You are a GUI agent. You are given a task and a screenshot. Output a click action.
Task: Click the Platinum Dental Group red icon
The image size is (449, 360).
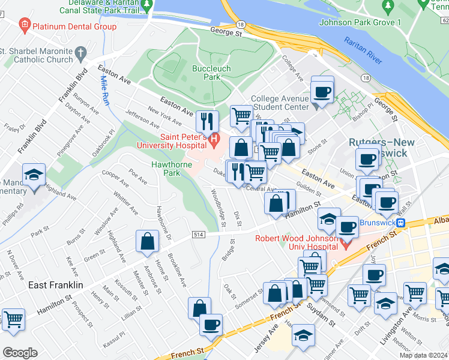tap(25, 26)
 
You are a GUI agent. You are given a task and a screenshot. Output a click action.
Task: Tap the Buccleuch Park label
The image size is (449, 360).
tap(206, 73)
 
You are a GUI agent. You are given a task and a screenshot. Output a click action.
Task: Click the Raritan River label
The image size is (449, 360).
tap(363, 50)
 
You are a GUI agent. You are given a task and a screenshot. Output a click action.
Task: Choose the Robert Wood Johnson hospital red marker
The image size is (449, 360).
tap(345, 244)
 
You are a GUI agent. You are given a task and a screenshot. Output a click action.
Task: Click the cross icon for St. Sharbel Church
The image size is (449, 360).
tap(79, 55)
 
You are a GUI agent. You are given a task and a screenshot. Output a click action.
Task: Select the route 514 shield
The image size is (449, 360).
tap(196, 233)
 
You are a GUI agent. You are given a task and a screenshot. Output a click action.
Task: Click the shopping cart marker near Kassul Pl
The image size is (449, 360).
tap(13, 319)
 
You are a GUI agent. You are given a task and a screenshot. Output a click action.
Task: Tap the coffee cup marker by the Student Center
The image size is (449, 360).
tap(322, 92)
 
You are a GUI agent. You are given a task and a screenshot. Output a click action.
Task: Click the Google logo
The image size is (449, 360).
tap(20, 352)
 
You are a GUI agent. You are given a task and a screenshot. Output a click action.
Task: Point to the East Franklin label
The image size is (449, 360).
tap(56, 285)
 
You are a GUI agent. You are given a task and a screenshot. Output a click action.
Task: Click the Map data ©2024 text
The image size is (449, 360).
tap(423, 355)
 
